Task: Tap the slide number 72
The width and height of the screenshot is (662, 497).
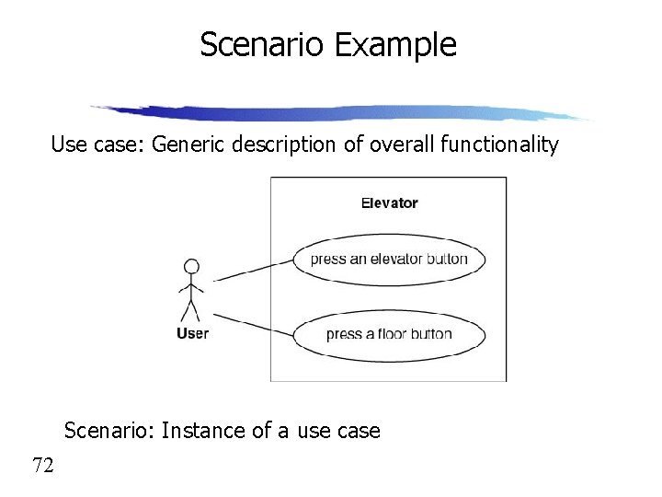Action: tap(43, 466)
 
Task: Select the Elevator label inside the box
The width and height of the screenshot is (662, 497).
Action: tap(389, 202)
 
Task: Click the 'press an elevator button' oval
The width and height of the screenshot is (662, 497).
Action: tap(389, 259)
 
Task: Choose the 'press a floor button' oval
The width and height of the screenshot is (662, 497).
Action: tap(389, 333)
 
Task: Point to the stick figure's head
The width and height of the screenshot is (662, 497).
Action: tap(191, 267)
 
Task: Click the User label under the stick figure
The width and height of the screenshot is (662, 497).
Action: tap(192, 333)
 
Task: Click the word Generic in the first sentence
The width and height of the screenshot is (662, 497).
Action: tap(183, 144)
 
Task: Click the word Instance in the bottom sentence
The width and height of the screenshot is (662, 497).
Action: tap(200, 430)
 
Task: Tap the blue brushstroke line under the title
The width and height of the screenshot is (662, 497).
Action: tap(340, 112)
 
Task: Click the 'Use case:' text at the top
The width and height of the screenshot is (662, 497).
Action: tap(91, 144)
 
